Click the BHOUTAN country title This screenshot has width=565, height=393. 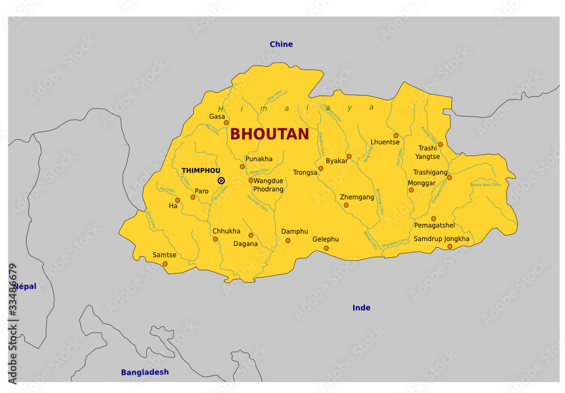pyautogui.click(x=270, y=134)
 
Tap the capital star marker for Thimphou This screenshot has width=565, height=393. pyautogui.click(x=221, y=180)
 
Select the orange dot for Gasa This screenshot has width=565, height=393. pyautogui.click(x=226, y=122)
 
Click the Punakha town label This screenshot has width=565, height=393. pyautogui.click(x=259, y=159)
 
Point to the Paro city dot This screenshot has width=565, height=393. pyautogui.click(x=193, y=197)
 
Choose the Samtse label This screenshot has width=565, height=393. pyautogui.click(x=164, y=255)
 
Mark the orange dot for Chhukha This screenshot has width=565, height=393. pyautogui.click(x=215, y=239)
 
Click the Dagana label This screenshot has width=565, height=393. pyautogui.click(x=245, y=244)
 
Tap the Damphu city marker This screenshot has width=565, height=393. pyautogui.click(x=288, y=240)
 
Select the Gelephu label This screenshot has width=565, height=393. pyautogui.click(x=325, y=239)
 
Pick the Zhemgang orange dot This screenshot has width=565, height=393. pyautogui.click(x=346, y=205)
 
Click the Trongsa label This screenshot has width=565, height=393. pyautogui.click(x=305, y=172)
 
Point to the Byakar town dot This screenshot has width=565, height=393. pyautogui.click(x=349, y=156)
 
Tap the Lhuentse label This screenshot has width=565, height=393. pyautogui.click(x=385, y=142)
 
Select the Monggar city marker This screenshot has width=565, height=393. pyautogui.click(x=411, y=189)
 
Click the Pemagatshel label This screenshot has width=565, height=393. pyautogui.click(x=434, y=225)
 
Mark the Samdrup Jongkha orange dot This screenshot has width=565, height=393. pyautogui.click(x=450, y=246)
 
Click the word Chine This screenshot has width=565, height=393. pyautogui.click(x=281, y=44)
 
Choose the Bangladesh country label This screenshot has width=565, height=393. pyautogui.click(x=145, y=372)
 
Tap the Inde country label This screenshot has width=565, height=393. pyautogui.click(x=361, y=308)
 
